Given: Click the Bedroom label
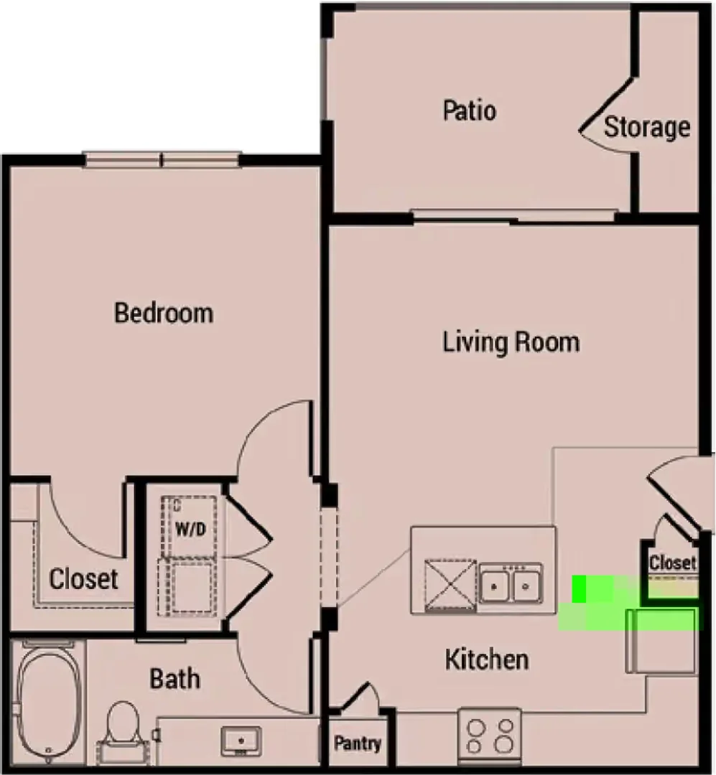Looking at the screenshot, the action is pos(164,314).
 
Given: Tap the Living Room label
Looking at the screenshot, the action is pos(511,342).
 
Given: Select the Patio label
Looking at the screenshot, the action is pos(469,111).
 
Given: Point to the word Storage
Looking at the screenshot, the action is pos(647,128).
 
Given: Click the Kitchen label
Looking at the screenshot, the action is pos(487,660).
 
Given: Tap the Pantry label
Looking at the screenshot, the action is pos(357,743).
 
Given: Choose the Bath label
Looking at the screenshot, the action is pos(175,679).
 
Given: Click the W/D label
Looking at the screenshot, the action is pos(190,530).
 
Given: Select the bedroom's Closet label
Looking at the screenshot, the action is pos(83,579).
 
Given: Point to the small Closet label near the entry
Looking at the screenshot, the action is pos(672,563).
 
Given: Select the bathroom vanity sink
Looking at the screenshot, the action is pos(241,741).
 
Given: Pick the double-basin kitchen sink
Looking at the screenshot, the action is pos(510,586).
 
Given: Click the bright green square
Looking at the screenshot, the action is pos(579,589).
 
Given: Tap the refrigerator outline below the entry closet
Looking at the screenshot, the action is pos(661,641).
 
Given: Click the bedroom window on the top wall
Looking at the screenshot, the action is pos(162,159).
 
